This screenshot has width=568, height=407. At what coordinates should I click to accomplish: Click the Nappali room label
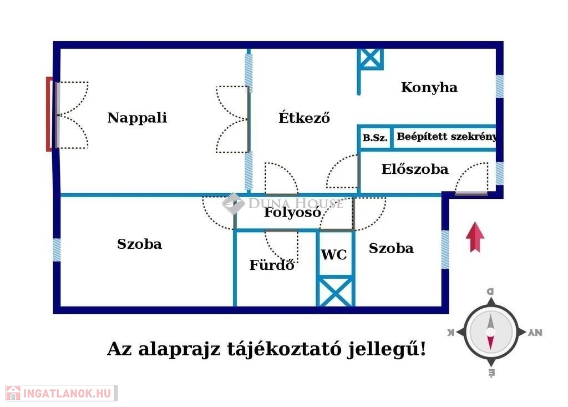137,118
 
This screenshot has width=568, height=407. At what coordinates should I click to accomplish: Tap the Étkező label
304,118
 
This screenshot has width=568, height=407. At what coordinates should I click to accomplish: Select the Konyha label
429,87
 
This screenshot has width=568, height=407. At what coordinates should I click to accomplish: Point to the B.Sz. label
375,138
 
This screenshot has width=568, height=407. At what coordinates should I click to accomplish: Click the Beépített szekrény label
446,137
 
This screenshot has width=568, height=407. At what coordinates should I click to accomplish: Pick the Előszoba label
414,169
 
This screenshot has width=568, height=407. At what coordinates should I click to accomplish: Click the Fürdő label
271,265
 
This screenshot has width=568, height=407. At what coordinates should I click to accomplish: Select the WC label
334,255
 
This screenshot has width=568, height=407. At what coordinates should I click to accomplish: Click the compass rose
491,332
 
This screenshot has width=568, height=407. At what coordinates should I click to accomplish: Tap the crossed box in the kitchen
370,58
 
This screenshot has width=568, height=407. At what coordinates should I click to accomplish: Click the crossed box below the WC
334,292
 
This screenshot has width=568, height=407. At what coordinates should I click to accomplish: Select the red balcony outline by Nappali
49,114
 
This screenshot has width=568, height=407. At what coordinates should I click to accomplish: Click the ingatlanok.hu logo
61,393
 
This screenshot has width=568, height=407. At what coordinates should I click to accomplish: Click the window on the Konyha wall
499,86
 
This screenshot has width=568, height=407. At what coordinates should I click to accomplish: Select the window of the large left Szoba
57,250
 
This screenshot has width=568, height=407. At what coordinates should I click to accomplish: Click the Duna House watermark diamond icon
233,203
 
